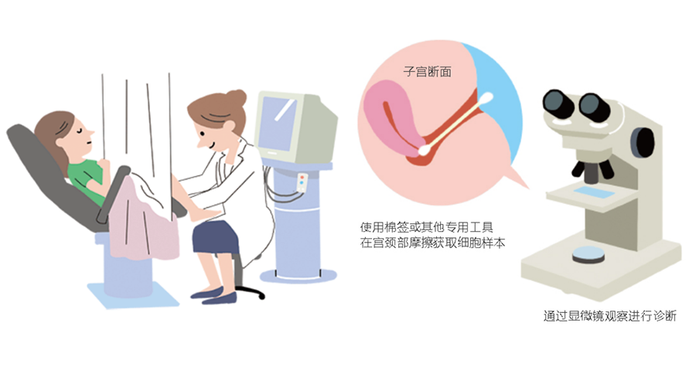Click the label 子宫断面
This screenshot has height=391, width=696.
[x=428, y=72]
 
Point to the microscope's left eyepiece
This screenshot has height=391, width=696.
[x=559, y=103]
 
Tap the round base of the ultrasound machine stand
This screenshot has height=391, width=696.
[x=298, y=275]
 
